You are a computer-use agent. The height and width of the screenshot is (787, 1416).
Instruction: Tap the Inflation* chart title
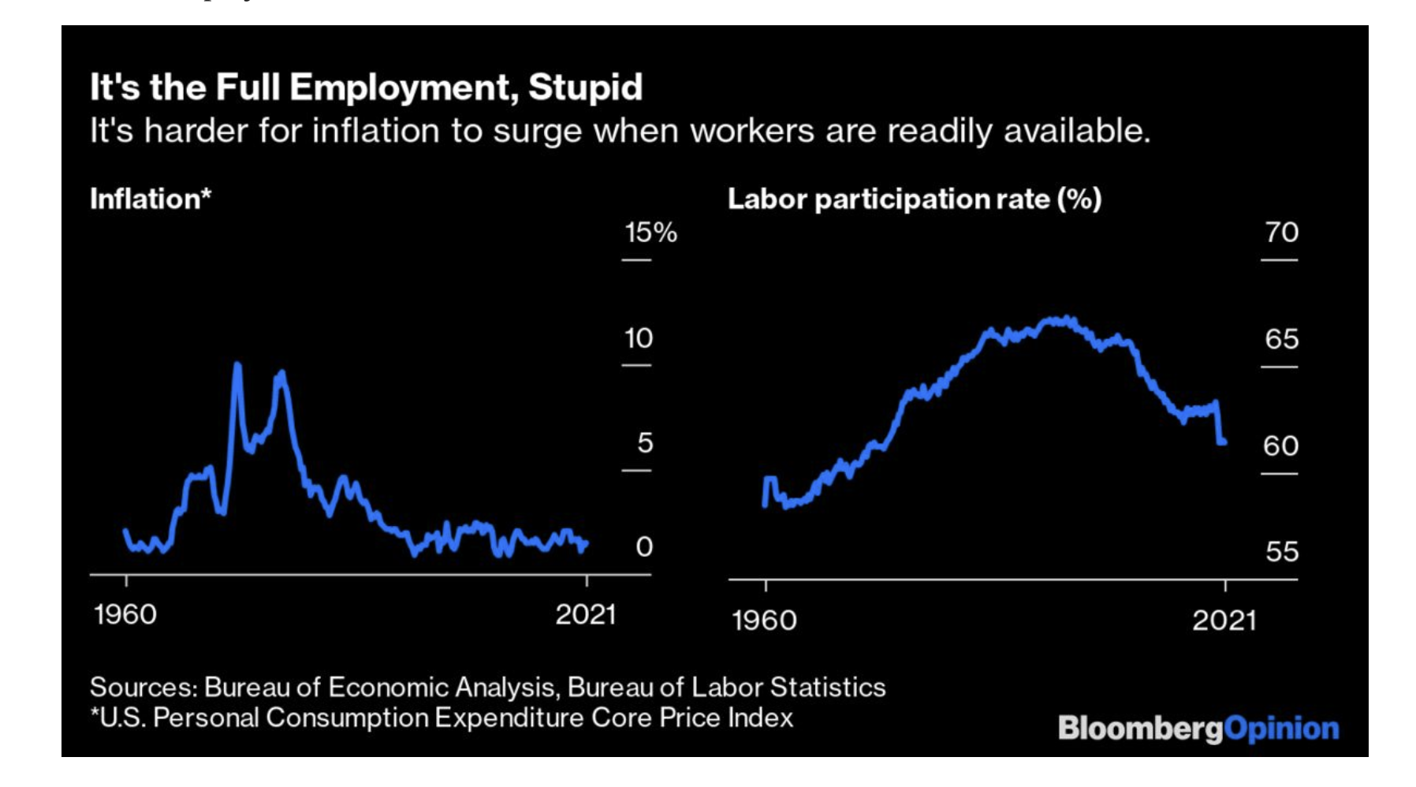150,199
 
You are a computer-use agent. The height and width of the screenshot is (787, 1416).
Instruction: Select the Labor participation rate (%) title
914,199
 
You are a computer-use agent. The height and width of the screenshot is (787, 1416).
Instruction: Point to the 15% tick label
650,233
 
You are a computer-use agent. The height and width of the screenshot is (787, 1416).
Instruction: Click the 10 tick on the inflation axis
639,338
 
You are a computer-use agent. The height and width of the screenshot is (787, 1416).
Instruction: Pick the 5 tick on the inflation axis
645,443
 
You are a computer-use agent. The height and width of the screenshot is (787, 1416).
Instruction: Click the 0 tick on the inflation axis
644,546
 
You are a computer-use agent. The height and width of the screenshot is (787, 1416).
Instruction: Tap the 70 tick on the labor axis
1281,232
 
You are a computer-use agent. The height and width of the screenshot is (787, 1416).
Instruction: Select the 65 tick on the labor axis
1281,339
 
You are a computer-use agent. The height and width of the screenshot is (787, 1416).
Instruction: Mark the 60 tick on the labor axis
1280,446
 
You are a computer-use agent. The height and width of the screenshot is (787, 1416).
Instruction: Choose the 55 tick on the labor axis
1281,551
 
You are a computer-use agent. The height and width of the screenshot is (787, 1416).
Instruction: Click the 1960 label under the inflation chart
125,614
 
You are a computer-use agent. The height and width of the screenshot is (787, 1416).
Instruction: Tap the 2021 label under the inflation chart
585,614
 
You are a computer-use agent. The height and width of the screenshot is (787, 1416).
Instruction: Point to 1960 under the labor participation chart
764,621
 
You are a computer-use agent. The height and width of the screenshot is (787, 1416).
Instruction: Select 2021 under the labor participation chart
1224,621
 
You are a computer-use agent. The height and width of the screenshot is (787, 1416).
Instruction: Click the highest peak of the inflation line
237,366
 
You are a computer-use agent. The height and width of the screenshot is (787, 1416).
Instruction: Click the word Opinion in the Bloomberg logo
1281,728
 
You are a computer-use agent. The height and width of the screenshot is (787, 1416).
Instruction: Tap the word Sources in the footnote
142,687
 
